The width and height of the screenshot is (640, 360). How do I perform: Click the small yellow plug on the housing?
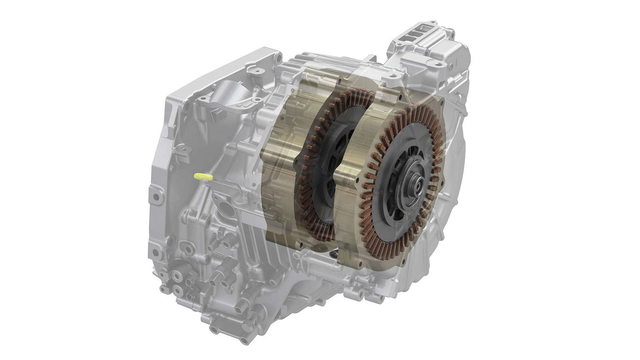pos(203,176)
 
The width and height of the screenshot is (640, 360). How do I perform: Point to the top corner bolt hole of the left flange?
pos(277,57)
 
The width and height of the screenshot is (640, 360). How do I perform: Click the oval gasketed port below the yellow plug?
pos(226,208)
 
